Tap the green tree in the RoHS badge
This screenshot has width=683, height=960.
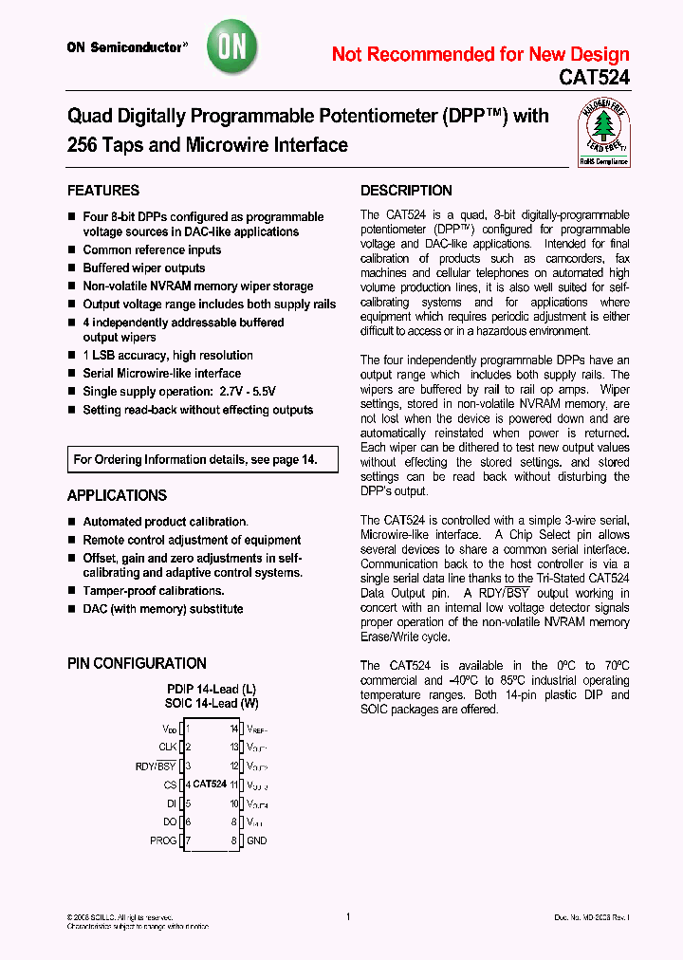604,127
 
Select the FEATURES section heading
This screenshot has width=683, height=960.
103,191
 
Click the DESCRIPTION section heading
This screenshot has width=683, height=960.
406,191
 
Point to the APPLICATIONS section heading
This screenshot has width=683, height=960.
117,495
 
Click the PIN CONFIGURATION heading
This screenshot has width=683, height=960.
137,663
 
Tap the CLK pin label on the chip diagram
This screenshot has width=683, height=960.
169,747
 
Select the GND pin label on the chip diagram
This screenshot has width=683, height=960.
256,840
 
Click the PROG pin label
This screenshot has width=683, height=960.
163,840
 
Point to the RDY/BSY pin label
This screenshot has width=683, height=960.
156,766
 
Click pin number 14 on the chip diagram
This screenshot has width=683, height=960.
233,729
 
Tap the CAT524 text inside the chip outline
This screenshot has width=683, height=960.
210,785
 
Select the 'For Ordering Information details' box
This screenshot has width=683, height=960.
202,460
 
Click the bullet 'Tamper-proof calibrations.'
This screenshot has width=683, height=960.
153,591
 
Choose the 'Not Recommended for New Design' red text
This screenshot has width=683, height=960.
480,54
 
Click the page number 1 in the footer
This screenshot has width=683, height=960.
348,916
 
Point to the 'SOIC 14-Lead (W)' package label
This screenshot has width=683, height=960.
212,704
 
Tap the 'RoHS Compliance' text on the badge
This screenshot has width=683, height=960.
604,161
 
